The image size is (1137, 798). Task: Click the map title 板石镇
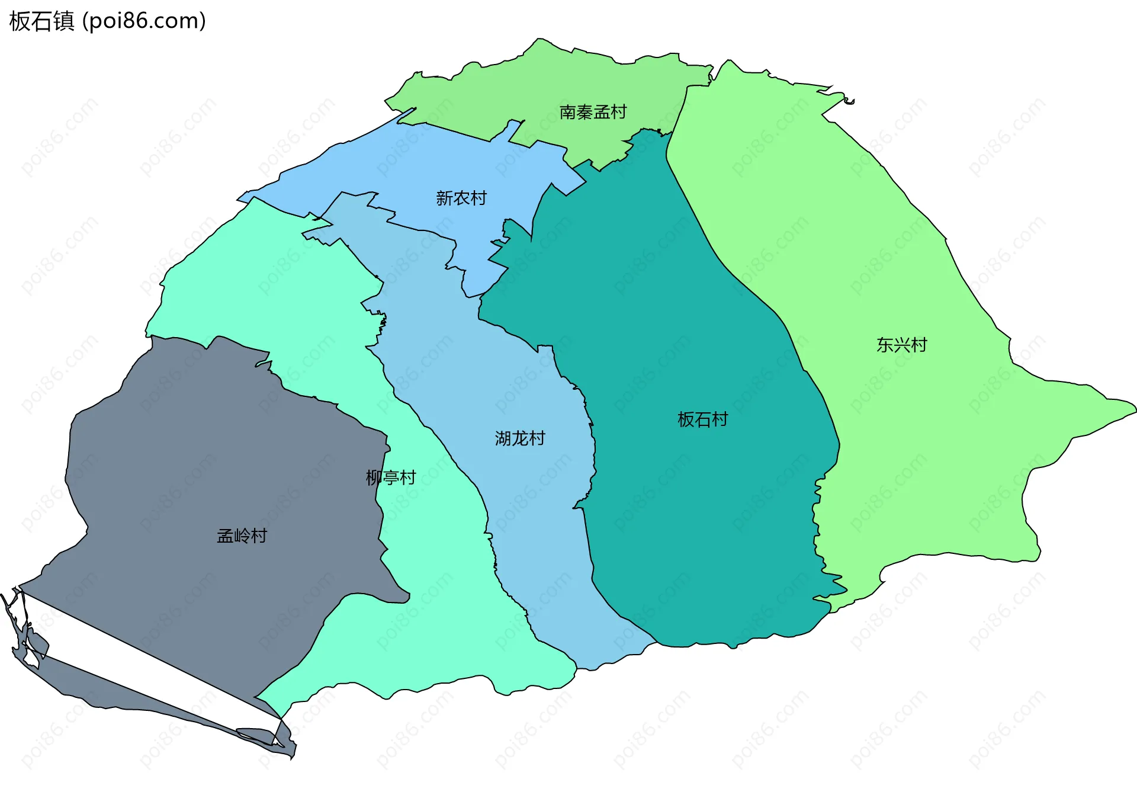point(41,21)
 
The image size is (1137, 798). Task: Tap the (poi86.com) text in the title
point(144,21)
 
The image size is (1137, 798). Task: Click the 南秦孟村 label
point(593,112)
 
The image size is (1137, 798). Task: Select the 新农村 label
point(461,198)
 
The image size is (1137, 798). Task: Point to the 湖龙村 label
point(520,438)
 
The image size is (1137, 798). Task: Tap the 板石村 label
point(702,419)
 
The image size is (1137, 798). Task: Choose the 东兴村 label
point(901,345)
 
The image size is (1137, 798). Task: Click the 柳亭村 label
point(391,477)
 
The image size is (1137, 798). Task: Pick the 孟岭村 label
point(242,536)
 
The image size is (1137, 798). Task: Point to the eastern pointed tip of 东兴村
point(1133,408)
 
